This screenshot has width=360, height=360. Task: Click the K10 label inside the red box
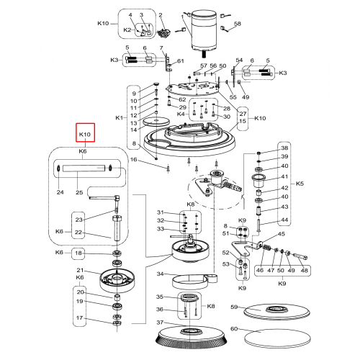85,135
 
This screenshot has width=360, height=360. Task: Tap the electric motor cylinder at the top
204,30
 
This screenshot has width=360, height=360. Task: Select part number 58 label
238,24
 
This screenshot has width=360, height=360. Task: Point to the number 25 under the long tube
79,192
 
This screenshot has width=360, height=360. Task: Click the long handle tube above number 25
84,168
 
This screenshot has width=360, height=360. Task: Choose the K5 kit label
300,184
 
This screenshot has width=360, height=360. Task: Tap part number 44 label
284,220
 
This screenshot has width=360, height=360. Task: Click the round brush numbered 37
190,337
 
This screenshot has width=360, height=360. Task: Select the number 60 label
234,328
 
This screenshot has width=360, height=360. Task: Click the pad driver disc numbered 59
276,312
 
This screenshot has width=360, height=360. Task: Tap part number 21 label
80,270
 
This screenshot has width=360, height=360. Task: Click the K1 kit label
119,117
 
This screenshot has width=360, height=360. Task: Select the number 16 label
133,160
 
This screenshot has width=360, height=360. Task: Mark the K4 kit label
181,114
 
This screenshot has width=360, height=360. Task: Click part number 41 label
284,176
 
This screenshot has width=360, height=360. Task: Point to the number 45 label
282,234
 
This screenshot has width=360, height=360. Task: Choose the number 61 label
181,61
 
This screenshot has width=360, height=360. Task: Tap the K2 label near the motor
127,30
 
